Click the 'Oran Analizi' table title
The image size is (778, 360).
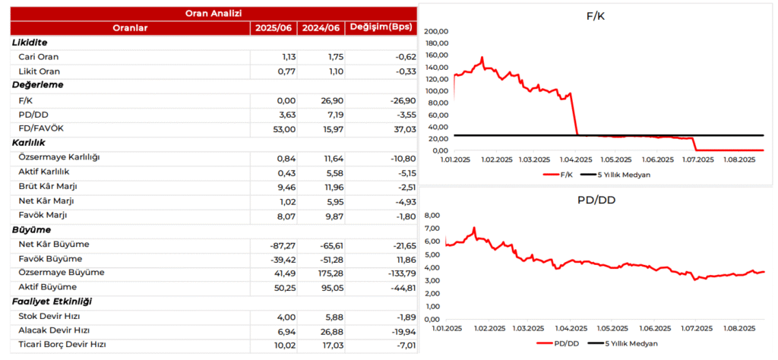(213, 13)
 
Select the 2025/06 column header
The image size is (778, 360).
(274, 28)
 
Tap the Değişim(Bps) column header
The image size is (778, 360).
(380, 28)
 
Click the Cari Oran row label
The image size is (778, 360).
(38, 57)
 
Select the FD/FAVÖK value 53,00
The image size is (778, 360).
(284, 129)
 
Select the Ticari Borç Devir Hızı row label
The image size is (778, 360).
(62, 345)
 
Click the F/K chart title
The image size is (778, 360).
(596, 16)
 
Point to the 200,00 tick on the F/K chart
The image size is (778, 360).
(436, 32)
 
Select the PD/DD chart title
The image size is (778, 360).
(596, 201)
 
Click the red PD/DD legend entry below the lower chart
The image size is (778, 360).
(558, 343)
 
